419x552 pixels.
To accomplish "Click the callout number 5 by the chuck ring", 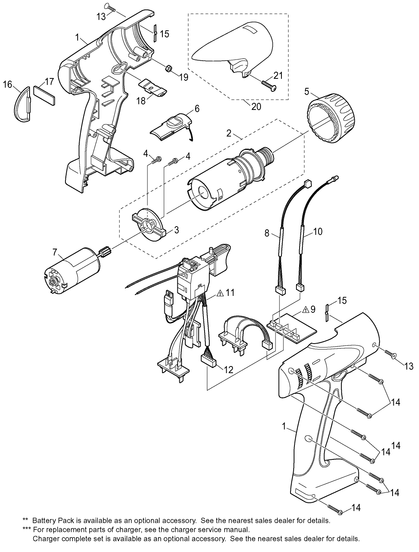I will (306, 92).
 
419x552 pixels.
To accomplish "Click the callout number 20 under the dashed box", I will (256, 106).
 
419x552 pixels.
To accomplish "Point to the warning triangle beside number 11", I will (220, 293).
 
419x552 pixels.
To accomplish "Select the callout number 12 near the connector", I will (228, 370).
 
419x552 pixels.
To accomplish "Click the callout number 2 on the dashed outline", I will (228, 133).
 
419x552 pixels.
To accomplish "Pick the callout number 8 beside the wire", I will (267, 233).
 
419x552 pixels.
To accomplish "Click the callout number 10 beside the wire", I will (317, 231).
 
